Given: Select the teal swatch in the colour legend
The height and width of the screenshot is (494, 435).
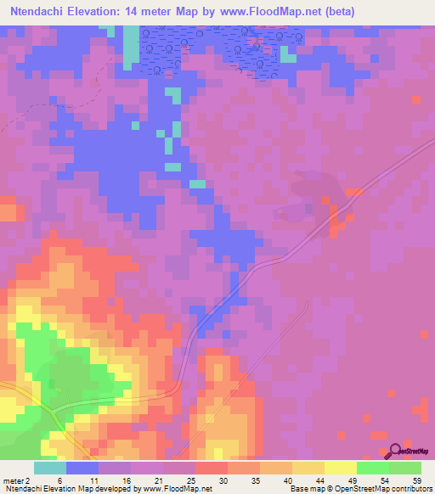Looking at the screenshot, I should [x=50, y=468].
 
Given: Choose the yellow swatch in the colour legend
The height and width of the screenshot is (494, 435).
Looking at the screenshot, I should [x=340, y=468].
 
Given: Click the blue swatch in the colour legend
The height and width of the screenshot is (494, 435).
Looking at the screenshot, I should [x=82, y=468].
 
